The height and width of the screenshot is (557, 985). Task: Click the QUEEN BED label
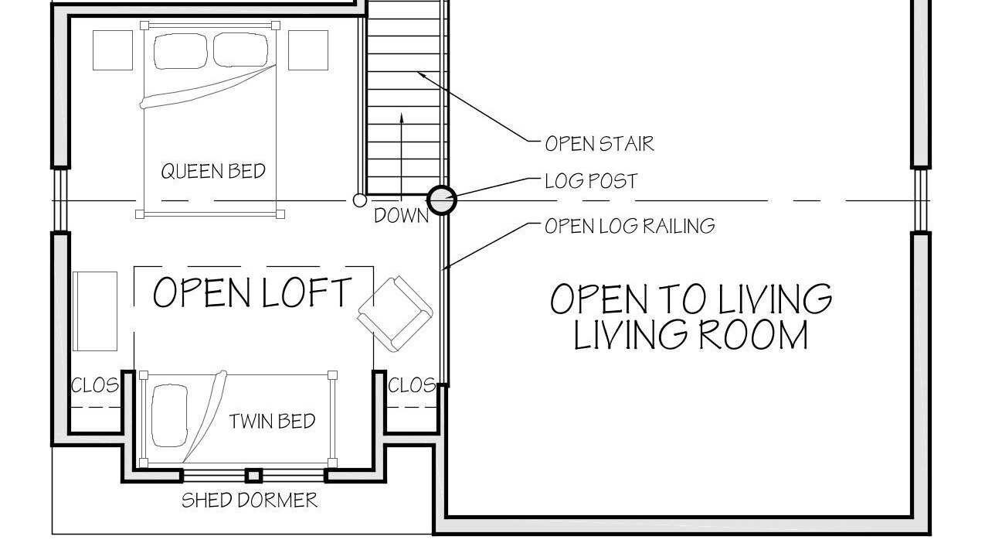click(213, 171)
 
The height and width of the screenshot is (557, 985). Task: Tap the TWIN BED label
click(272, 422)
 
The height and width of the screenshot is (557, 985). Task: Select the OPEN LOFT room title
click(253, 292)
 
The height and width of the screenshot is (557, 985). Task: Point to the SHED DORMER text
click(250, 501)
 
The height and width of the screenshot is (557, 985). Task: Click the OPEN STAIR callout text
click(599, 144)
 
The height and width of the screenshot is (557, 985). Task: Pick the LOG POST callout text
click(591, 181)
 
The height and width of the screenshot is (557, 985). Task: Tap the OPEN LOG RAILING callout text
click(630, 226)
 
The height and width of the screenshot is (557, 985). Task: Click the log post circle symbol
click(442, 200)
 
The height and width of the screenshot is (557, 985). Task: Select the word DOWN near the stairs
click(401, 216)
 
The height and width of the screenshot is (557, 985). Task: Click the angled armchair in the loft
click(395, 313)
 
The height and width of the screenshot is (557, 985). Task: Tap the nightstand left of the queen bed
click(113, 50)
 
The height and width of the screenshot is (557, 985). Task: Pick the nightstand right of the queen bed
click(308, 50)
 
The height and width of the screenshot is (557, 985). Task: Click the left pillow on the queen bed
click(180, 51)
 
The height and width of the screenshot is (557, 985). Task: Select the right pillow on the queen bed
click(240, 50)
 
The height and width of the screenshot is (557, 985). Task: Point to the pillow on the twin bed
click(169, 415)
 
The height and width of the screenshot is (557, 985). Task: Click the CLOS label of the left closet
click(95, 386)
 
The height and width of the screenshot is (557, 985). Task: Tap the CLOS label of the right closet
click(412, 386)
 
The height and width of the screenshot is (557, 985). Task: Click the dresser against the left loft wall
click(95, 311)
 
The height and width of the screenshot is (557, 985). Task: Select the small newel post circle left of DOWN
click(360, 200)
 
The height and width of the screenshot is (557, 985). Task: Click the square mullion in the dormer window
click(253, 476)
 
